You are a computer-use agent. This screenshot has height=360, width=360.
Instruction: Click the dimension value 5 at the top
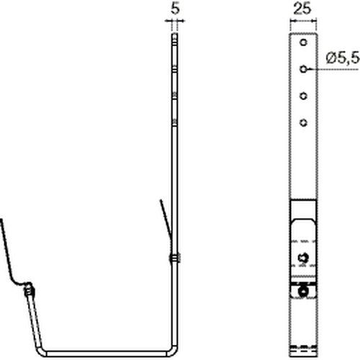pyautogui.click(x=175, y=9)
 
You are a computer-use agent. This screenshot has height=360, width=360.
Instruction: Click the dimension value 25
pyautogui.click(x=302, y=9)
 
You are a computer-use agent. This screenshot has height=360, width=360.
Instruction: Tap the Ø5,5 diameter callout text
pyautogui.click(x=343, y=58)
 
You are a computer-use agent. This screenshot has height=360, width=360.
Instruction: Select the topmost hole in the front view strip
pyautogui.click(x=304, y=42)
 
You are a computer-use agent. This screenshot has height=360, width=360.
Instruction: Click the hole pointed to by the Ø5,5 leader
pyautogui.click(x=304, y=69)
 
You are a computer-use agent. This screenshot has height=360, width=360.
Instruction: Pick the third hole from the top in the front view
pyautogui.click(x=304, y=96)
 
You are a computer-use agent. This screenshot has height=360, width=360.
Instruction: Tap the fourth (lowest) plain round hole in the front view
pyautogui.click(x=304, y=123)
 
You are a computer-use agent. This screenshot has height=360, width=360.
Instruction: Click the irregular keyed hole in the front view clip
pyautogui.click(x=303, y=258)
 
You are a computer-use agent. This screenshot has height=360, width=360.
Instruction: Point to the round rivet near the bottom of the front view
pyautogui.click(x=303, y=292)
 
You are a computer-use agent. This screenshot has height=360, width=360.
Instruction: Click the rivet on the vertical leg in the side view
pyautogui.click(x=175, y=258)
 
